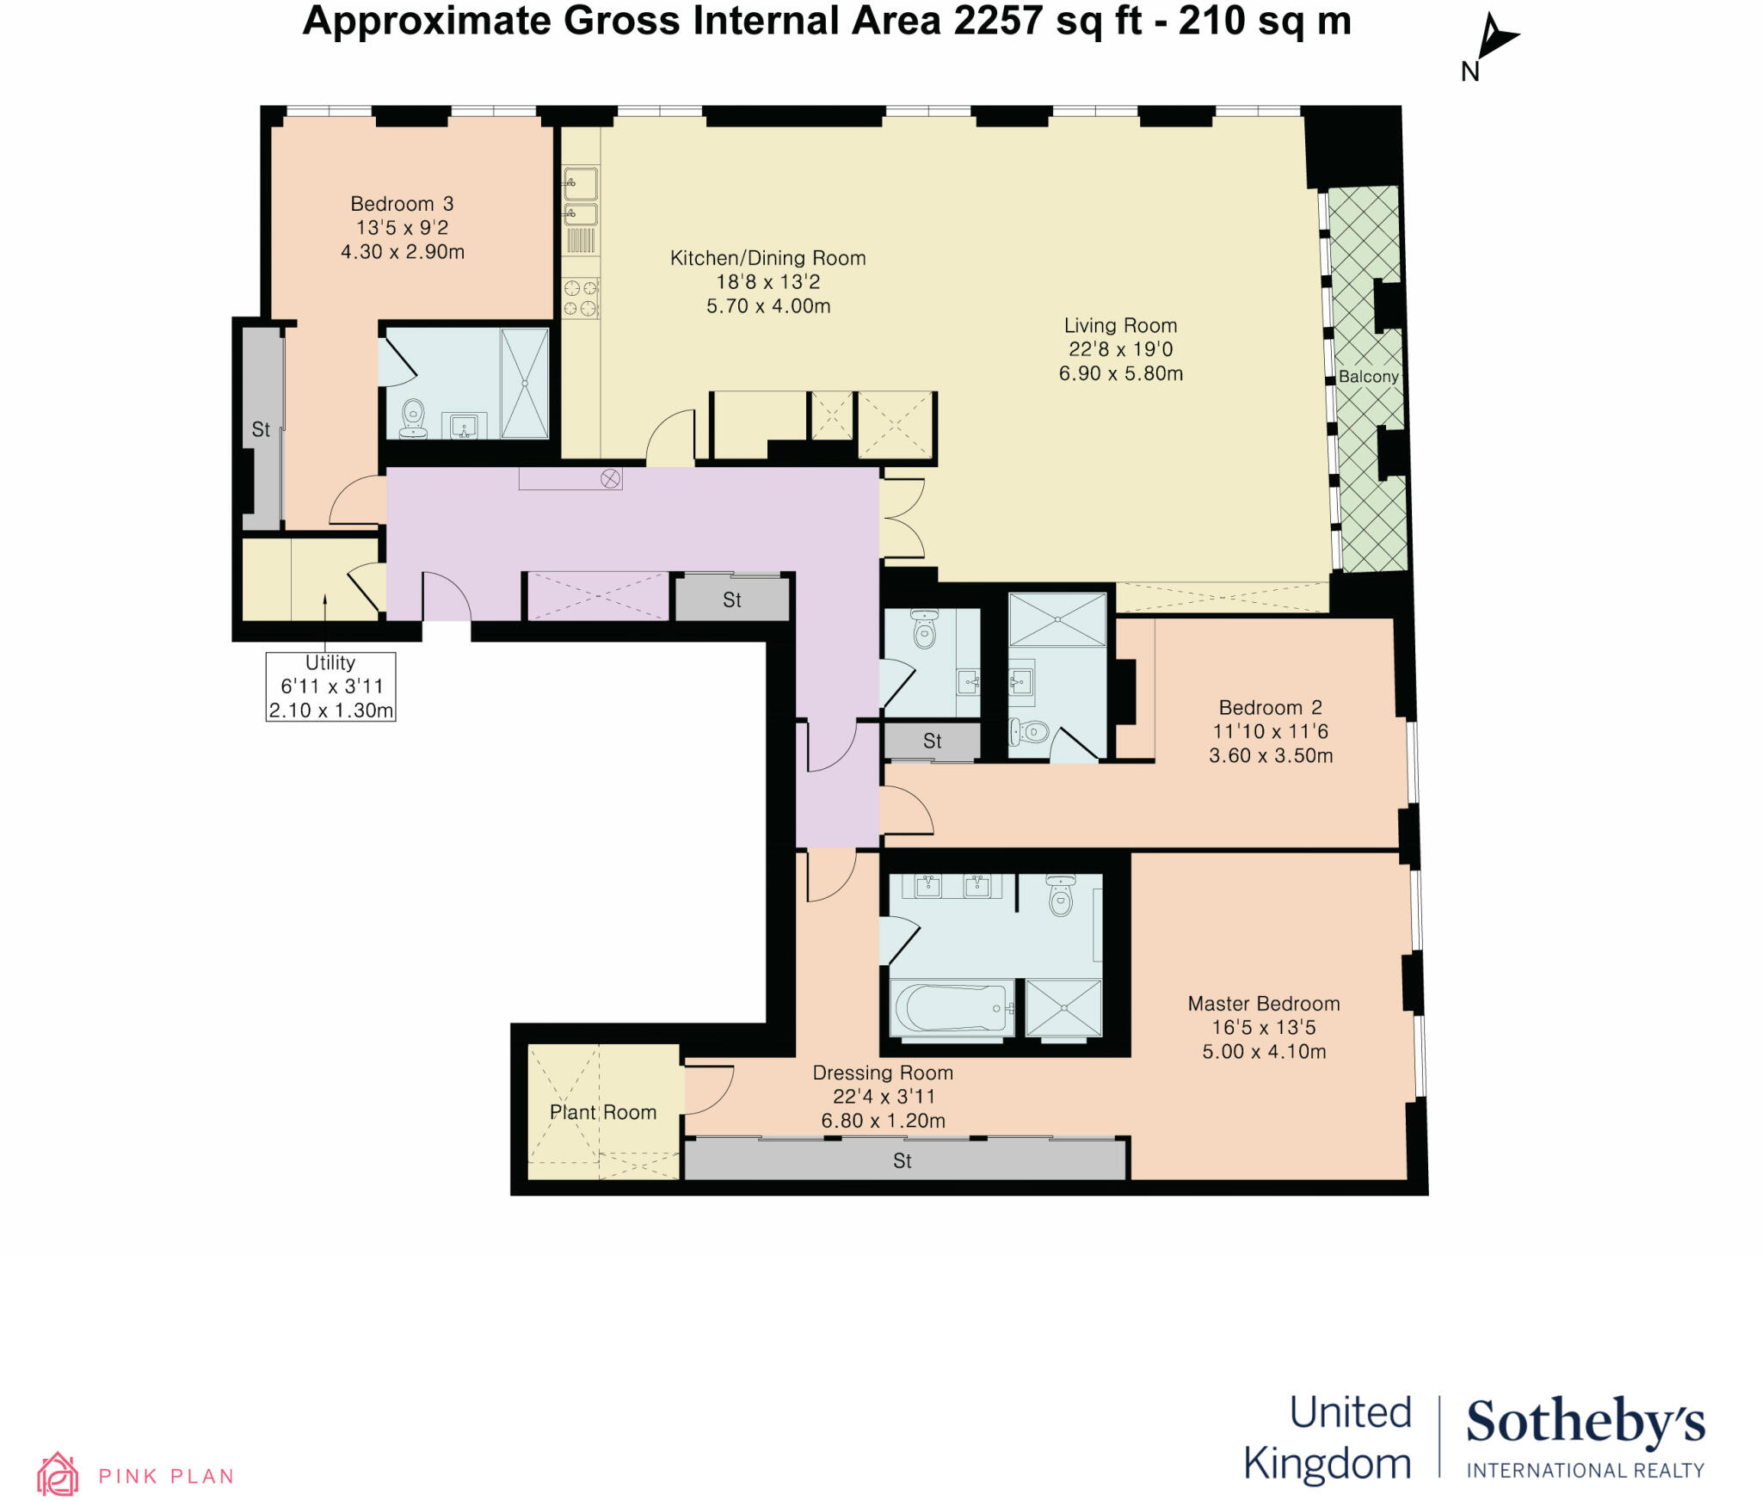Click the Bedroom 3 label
pos(402,204)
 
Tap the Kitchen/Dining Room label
pos(767,258)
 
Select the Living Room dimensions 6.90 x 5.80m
pos(1120,373)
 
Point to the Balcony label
pos(1368,377)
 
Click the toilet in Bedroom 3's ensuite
pos(414,418)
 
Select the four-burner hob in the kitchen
pos(580,298)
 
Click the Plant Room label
pos(603,1112)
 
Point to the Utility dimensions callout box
pos(330,686)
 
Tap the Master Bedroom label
pos(1263,1004)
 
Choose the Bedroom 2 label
pos(1270,708)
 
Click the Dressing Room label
pos(883,1073)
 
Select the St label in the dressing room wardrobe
pos(903,1161)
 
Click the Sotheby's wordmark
pos(1585,1423)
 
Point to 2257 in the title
pos(998,21)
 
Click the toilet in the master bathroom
pos(1061,896)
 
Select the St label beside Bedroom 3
pos(261,429)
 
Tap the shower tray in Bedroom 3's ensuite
pos(524,383)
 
